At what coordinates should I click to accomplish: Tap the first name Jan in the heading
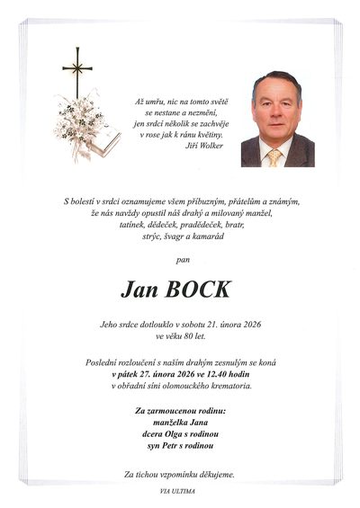(x=141, y=290)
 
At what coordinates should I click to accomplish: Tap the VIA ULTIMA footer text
(x=179, y=491)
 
